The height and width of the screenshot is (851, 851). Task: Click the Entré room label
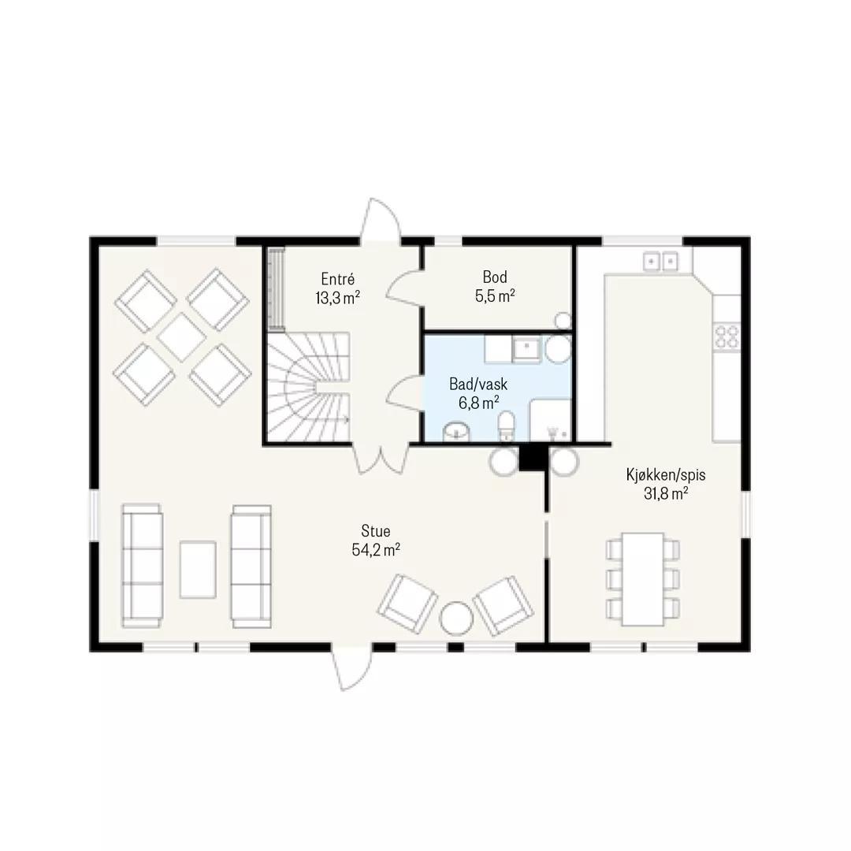pyautogui.click(x=337, y=279)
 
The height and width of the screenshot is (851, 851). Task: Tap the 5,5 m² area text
pyautogui.click(x=494, y=296)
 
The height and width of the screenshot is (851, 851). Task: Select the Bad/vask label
pyautogui.click(x=478, y=385)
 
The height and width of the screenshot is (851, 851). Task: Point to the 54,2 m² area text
pyautogui.click(x=376, y=550)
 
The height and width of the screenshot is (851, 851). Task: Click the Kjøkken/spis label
pyautogui.click(x=665, y=475)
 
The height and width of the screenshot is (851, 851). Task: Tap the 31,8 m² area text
pyautogui.click(x=666, y=494)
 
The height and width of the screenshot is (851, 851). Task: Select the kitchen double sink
pyautogui.click(x=660, y=262)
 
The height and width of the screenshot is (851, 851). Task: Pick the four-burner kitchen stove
pyautogui.click(x=727, y=336)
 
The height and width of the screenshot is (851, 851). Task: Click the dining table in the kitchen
pyautogui.click(x=643, y=579)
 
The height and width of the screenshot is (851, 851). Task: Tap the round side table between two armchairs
pyautogui.click(x=456, y=619)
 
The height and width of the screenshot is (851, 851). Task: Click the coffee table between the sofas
pyautogui.click(x=198, y=570)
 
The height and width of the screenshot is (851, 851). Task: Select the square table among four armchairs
pyautogui.click(x=182, y=337)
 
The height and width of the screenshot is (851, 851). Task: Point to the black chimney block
pyautogui.click(x=533, y=457)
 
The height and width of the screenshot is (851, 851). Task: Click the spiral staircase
pyautogui.click(x=308, y=387)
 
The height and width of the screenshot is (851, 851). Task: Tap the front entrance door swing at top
pyautogui.click(x=381, y=219)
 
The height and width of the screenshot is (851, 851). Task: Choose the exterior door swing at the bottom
pyautogui.click(x=352, y=668)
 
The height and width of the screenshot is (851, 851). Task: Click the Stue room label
pyautogui.click(x=376, y=531)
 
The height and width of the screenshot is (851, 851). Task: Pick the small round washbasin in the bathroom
pyautogui.click(x=456, y=433)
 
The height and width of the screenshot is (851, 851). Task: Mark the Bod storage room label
pyautogui.click(x=495, y=277)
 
